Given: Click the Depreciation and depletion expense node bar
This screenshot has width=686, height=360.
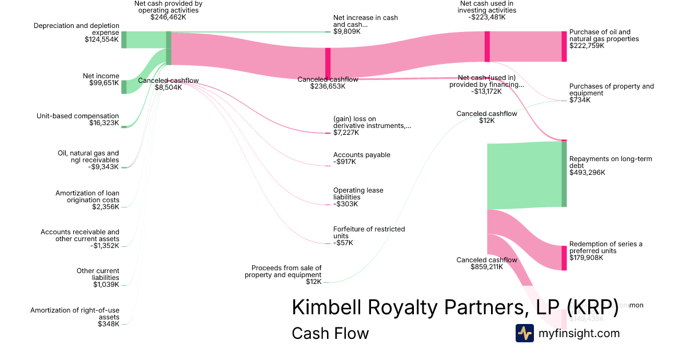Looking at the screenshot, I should [x=123, y=40].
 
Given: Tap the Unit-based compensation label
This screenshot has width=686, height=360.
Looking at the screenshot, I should [x=78, y=116].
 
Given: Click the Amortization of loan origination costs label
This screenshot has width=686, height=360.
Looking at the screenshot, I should [x=87, y=197].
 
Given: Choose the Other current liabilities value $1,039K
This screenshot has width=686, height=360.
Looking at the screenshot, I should [x=106, y=285].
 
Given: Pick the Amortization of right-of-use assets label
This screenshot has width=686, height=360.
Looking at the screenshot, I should [x=75, y=313].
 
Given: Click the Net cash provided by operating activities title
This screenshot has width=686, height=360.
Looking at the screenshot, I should [x=168, y=6].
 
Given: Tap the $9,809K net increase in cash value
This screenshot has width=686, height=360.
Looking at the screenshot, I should [x=346, y=32].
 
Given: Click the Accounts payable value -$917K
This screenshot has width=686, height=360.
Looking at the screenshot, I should [x=345, y=162].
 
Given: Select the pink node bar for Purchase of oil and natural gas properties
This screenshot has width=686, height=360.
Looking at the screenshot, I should [x=564, y=46].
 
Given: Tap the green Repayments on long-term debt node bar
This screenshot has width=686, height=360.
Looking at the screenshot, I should [x=564, y=174].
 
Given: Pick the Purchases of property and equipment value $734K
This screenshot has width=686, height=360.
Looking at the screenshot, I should [x=580, y=100].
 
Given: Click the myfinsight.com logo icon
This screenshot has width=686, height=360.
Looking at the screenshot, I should [x=524, y=333].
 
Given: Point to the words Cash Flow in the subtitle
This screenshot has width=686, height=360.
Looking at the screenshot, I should [x=330, y=333].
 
